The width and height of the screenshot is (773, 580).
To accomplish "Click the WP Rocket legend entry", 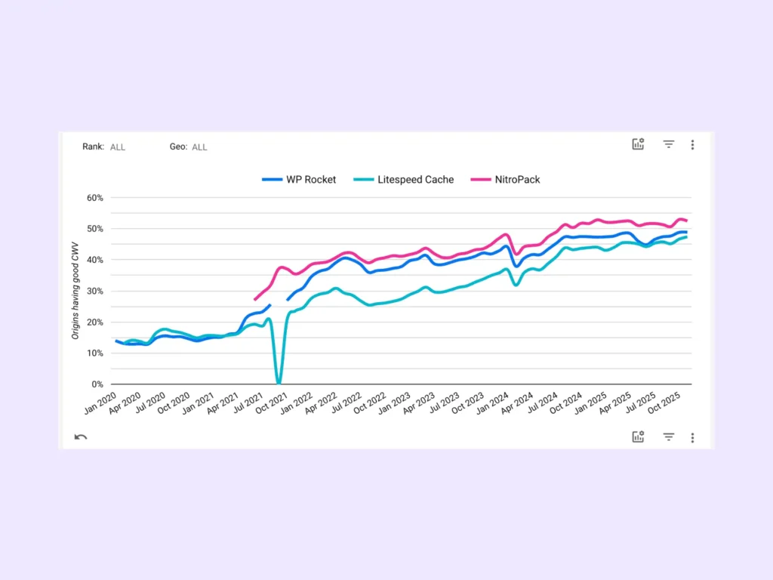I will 299,180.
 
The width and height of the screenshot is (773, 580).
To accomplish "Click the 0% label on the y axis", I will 97,384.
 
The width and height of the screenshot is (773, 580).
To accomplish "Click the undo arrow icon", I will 81,437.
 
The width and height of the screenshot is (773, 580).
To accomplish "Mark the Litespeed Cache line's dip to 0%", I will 279,382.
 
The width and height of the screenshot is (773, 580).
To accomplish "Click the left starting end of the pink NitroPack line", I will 255,299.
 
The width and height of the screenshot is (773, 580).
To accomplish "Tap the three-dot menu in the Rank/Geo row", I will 692,145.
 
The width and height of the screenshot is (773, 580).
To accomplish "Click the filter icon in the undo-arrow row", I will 668,437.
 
